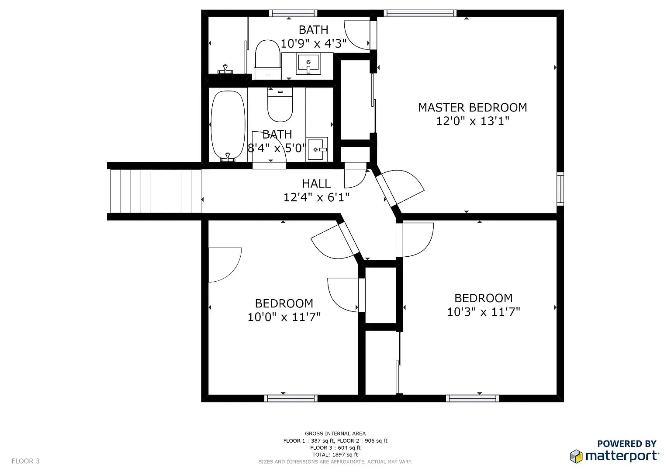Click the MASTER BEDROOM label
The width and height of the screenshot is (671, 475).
tap(472, 107)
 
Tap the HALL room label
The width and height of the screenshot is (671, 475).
tap(316, 184)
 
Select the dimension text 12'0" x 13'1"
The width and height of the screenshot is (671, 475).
tap(472, 121)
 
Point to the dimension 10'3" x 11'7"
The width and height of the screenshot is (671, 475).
tap(484, 312)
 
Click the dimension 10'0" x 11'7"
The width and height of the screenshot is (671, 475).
tap(284, 317)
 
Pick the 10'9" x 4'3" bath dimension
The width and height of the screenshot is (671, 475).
tap(313, 43)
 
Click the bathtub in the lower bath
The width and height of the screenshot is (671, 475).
tap(228, 126)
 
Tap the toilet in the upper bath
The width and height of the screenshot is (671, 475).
tap(268, 59)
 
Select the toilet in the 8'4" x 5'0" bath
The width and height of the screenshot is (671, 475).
tap(280, 105)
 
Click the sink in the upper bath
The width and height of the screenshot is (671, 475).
tap(308, 63)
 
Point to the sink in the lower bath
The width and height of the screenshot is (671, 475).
tap(317, 149)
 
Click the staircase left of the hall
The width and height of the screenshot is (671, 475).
tap(156, 191)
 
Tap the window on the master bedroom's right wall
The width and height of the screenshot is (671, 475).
tap(560, 189)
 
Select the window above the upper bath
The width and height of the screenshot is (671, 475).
tap(293, 13)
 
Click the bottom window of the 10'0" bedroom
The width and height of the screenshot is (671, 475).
tap(291, 398)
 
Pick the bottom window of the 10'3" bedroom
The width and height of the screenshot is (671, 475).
tap(472, 398)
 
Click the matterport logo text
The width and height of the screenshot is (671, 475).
tap(622, 456)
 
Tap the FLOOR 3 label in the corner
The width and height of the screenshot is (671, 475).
tap(25, 461)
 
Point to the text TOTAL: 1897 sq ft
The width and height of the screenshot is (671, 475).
tap(335, 454)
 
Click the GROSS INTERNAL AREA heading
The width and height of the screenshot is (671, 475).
tap(335, 433)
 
